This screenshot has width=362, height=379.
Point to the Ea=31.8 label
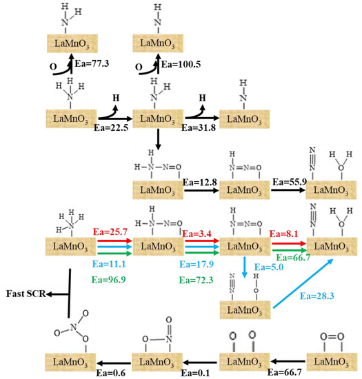[x=201, y=127]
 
